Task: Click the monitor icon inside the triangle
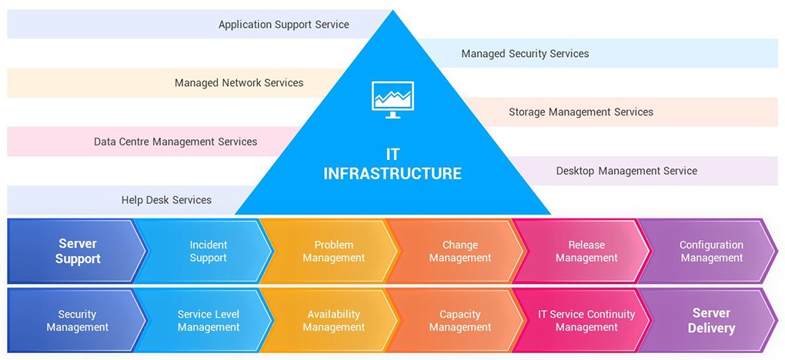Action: tap(392, 99)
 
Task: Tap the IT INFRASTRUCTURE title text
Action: tap(392, 164)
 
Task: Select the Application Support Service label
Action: tap(283, 25)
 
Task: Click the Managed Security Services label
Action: tap(525, 54)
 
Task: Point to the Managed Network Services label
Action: tap(239, 83)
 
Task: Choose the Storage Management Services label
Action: tap(580, 112)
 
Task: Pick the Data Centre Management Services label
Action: tap(175, 142)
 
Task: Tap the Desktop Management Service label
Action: tap(626, 171)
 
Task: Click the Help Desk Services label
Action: tap(166, 200)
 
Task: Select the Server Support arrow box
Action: tap(77, 252)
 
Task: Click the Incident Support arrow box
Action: tap(208, 252)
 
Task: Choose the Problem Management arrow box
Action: tap(333, 252)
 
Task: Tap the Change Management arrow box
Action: tap(459, 252)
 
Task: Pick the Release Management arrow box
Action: tap(586, 252)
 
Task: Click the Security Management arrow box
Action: tap(77, 321)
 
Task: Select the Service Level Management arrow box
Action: tap(208, 321)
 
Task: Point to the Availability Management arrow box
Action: tap(333, 321)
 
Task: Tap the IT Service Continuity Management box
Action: tap(586, 321)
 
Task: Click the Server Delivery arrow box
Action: tap(713, 321)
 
